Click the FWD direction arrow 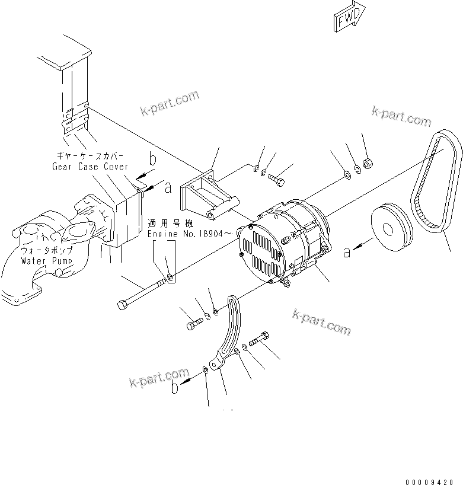pyautogui.click(x=349, y=20)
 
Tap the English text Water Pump pyautogui.click(x=47, y=260)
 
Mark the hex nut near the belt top pyautogui.click(x=366, y=162)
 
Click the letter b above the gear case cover pyautogui.click(x=152, y=159)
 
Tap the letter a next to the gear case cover pyautogui.click(x=168, y=187)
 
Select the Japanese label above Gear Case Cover pyautogui.click(x=90, y=155)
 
